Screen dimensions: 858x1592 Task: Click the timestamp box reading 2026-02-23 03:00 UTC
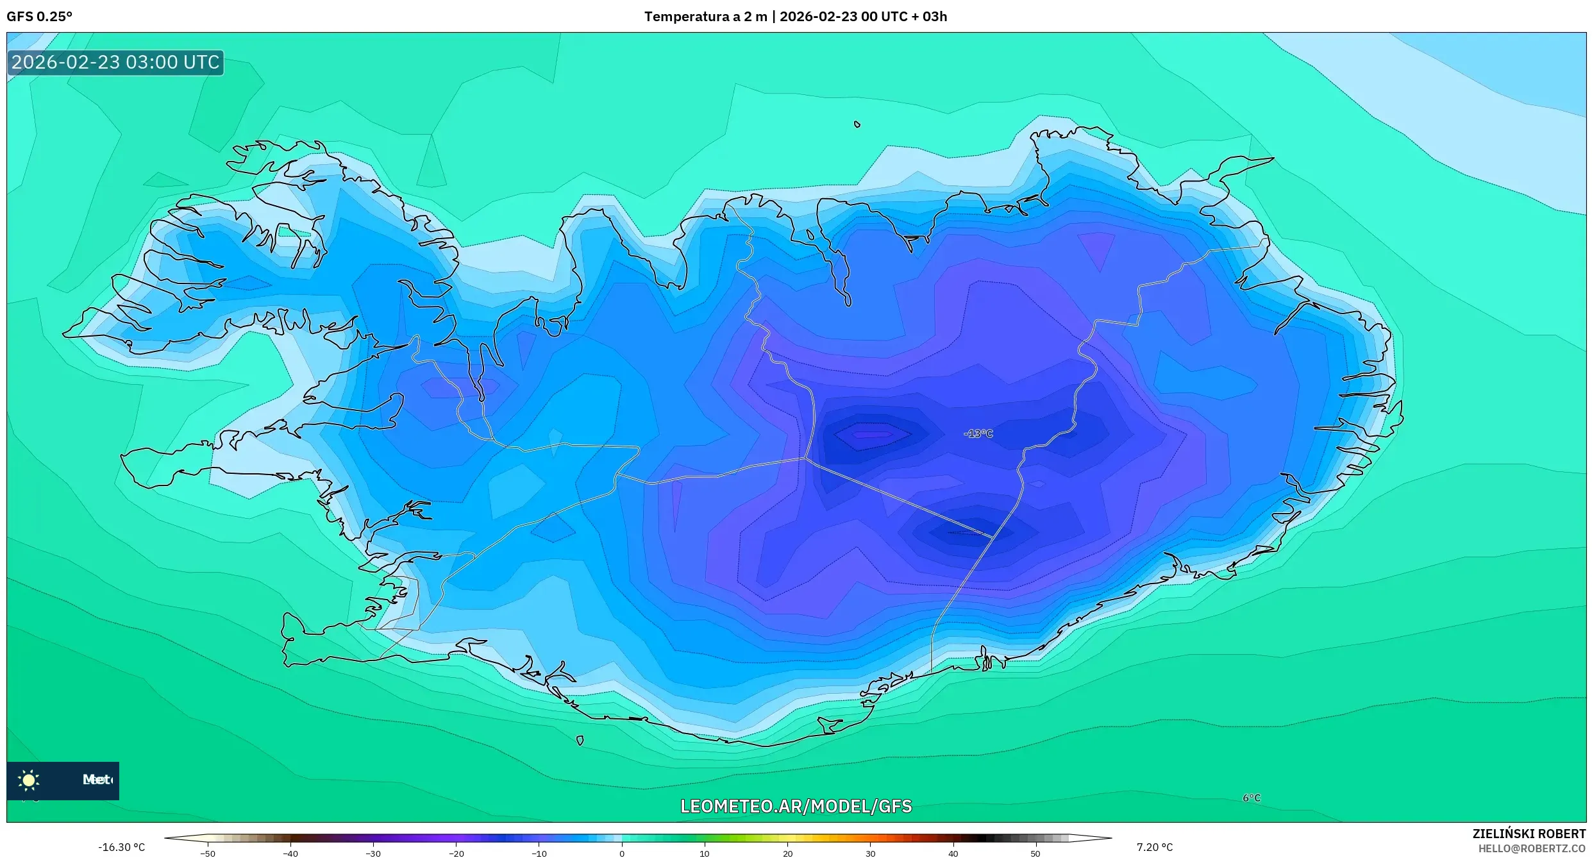point(115,62)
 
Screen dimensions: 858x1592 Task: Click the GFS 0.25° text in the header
point(39,17)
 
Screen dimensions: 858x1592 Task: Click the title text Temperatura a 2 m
point(705,17)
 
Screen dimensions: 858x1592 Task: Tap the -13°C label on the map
point(978,434)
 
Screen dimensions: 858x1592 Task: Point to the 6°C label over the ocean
point(1252,798)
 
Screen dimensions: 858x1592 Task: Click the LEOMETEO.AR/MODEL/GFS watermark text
point(796,806)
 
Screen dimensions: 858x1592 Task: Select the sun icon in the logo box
point(29,780)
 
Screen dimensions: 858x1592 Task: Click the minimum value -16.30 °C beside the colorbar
point(121,847)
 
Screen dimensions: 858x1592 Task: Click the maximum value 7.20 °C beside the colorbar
point(1155,847)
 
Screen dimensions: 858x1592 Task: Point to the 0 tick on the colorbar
point(621,853)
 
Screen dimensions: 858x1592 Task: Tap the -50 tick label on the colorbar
point(208,854)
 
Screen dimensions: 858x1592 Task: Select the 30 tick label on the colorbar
point(870,854)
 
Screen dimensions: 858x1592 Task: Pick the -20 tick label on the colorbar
point(456,854)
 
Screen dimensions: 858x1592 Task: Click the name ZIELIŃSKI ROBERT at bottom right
point(1529,834)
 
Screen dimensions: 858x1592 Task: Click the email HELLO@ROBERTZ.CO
point(1532,848)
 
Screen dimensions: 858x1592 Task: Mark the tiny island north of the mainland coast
point(857,124)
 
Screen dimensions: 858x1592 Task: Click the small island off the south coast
point(580,740)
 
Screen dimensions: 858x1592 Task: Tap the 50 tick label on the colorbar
point(1035,854)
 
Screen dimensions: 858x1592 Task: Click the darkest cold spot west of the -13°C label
point(872,434)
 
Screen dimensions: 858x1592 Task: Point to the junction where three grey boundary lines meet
point(805,458)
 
